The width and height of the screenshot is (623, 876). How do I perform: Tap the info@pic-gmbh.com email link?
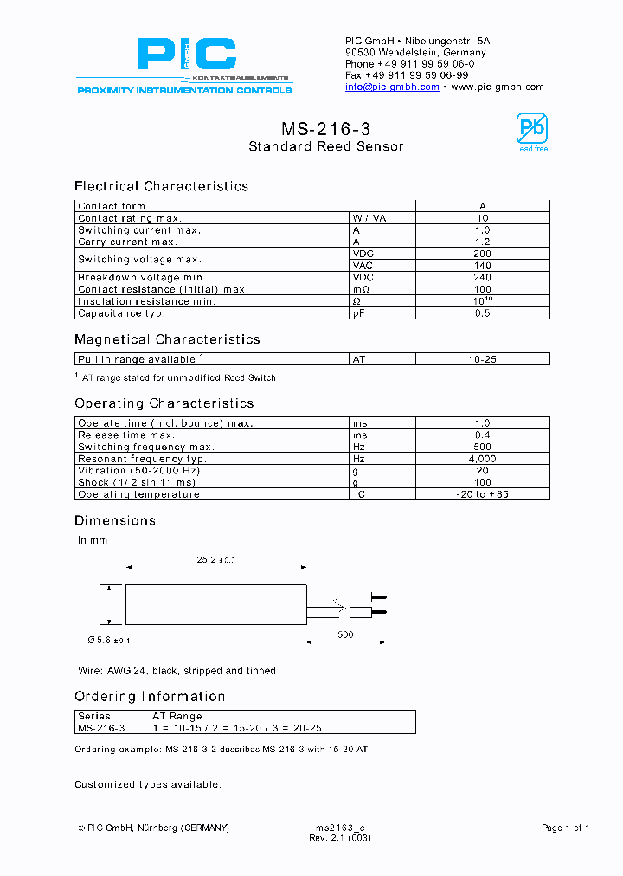392,87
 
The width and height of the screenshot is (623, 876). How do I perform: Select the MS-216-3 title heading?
326,129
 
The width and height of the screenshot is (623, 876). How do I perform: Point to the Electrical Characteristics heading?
161,186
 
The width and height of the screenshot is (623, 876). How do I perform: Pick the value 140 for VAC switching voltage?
482,266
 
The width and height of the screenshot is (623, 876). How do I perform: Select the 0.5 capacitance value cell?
482,313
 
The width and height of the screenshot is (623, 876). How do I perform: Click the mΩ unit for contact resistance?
361,289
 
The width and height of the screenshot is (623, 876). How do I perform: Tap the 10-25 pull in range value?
482,359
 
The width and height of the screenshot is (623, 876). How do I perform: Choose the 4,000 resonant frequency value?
482,459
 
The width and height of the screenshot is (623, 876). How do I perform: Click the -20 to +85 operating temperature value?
482,494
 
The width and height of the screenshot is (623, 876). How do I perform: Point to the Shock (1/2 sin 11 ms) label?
137,482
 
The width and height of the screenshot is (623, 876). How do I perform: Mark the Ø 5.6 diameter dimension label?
109,640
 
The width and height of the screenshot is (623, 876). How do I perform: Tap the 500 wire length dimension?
346,634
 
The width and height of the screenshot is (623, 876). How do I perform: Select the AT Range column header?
177,717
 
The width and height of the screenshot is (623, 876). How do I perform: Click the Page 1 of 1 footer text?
565,828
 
